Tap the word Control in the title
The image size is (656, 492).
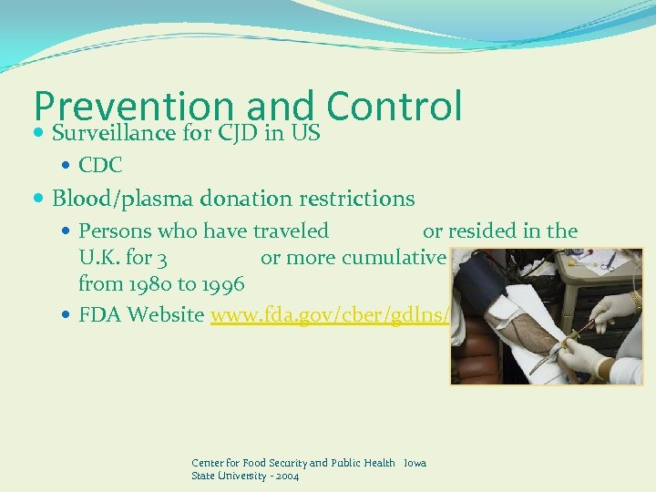pos(394,106)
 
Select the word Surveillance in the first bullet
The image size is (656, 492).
pos(113,134)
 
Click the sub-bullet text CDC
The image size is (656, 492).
pos(100,166)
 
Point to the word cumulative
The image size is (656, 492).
pos(394,257)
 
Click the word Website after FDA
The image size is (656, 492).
pos(169,314)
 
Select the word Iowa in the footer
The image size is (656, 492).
pos(415,463)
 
